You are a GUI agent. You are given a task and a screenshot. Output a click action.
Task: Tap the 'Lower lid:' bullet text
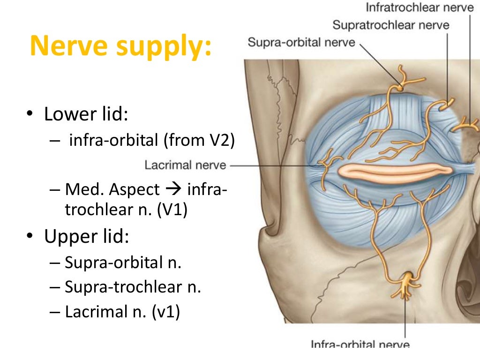click(x=86, y=114)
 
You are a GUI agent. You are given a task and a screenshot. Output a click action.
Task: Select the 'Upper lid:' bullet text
click(x=86, y=237)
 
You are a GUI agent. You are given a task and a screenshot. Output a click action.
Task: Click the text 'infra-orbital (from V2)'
click(x=151, y=140)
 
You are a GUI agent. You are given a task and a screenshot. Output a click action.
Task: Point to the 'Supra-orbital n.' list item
click(x=123, y=262)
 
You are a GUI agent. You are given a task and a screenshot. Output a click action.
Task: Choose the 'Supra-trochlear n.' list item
click(x=133, y=287)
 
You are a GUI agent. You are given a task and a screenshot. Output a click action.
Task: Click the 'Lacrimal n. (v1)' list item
click(x=122, y=312)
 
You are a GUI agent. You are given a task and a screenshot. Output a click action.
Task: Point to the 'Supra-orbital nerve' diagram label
click(x=301, y=42)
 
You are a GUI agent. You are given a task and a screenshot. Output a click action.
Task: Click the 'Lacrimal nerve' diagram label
click(x=185, y=165)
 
